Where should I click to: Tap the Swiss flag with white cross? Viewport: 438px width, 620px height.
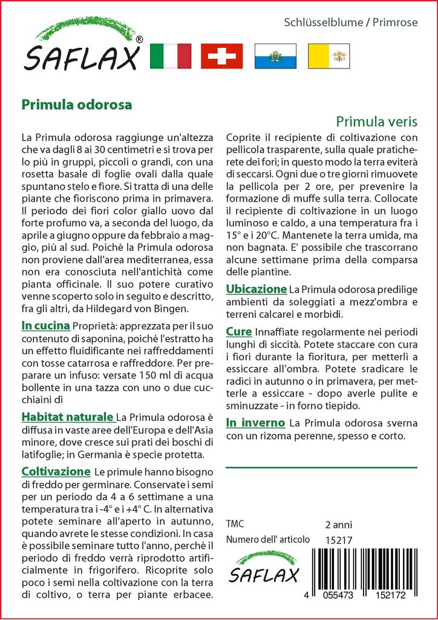[x=221, y=56]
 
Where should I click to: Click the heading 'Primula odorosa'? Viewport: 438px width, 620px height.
[x=77, y=104]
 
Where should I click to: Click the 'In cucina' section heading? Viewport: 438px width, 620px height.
[x=45, y=326]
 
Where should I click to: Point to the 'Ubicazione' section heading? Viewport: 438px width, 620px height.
[x=256, y=289]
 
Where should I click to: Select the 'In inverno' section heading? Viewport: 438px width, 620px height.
[x=255, y=422]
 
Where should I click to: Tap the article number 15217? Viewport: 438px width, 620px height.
[x=338, y=539]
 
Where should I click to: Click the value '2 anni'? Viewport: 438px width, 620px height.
[x=338, y=524]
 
